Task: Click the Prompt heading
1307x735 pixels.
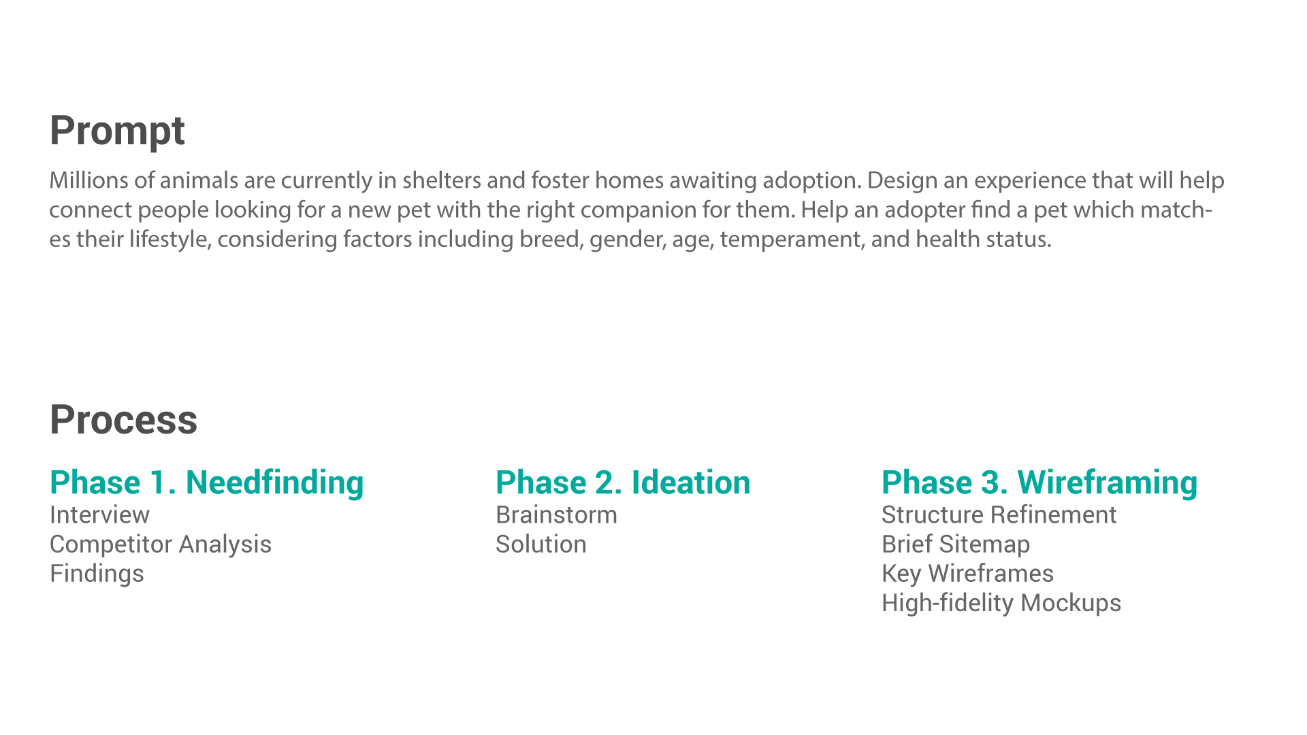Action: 117,131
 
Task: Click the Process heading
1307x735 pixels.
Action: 123,420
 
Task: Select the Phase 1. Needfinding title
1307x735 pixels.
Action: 207,483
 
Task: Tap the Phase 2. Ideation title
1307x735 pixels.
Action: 623,483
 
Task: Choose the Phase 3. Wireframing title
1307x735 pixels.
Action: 1039,483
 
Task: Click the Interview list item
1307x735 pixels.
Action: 99,515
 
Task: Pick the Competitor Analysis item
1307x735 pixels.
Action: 161,544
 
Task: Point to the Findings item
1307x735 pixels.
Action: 97,574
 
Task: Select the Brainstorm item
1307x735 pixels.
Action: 556,515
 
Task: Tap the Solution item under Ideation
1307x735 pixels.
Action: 541,544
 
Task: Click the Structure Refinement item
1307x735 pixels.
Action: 999,515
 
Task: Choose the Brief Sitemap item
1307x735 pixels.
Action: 956,544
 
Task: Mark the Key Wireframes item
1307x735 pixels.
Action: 967,574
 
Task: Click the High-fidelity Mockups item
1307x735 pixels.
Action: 1001,603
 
